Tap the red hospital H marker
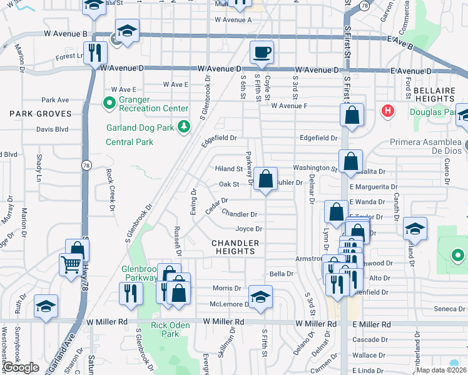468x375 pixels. tap(388, 112)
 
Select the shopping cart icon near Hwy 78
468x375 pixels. tap(70, 264)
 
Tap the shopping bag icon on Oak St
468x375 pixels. tap(266, 179)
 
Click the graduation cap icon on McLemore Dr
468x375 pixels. tap(261, 297)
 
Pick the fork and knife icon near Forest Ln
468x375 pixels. tap(95, 52)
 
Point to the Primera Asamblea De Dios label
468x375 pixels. tap(425, 142)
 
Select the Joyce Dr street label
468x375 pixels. tap(248, 229)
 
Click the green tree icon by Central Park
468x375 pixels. tap(183, 127)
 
